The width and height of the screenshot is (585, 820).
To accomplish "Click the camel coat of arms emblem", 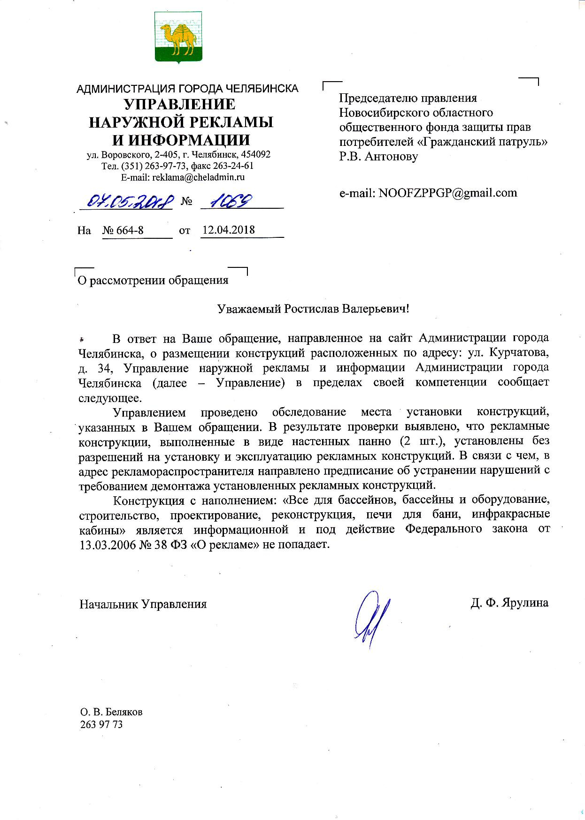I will point(178,38).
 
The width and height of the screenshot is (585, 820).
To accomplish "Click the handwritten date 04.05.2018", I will point(126,201).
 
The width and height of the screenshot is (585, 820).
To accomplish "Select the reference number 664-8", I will point(123,230).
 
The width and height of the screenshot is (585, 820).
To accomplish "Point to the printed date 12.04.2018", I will point(229,230).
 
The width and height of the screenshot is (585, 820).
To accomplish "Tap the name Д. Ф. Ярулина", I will point(509,603).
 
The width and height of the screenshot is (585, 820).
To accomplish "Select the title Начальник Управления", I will point(143,604).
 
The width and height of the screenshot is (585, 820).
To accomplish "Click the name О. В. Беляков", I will point(111,712).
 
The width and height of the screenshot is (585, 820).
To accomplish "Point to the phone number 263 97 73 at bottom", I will point(101,724).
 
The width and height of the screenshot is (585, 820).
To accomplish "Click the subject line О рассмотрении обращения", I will point(153,281).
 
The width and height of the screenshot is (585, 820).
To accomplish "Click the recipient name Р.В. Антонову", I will point(378,156).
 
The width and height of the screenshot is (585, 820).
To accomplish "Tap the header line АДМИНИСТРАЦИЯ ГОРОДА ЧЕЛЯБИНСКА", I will point(187,88).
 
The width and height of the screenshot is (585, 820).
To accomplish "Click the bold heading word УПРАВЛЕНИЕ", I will point(180,104).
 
